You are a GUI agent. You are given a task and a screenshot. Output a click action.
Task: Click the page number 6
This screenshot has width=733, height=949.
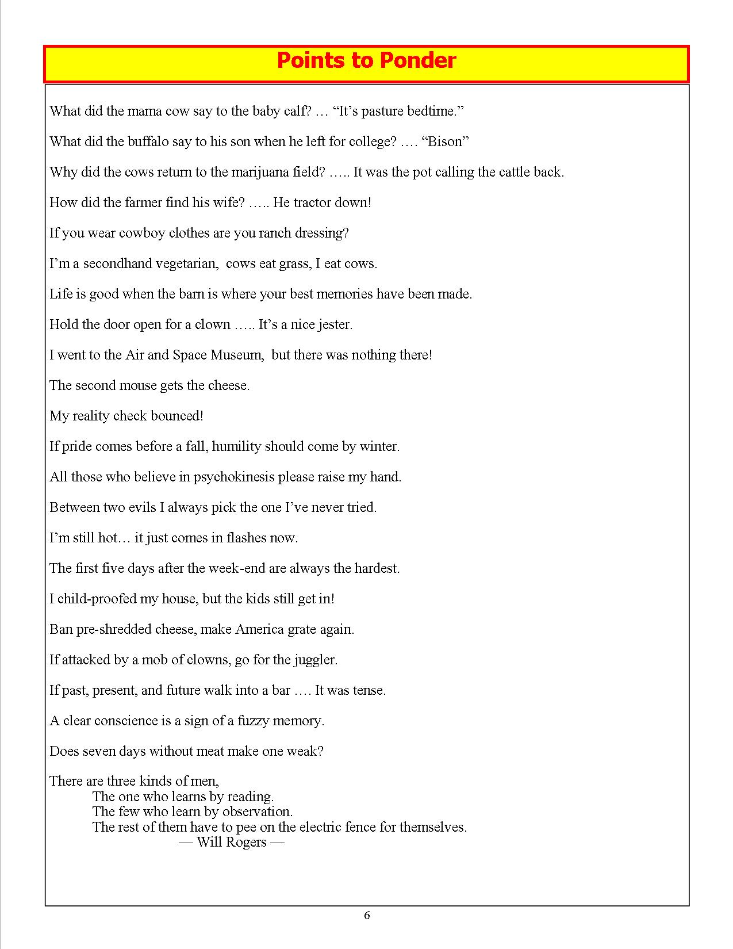click(x=367, y=915)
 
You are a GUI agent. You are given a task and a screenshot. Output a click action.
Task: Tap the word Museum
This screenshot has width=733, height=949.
click(x=236, y=355)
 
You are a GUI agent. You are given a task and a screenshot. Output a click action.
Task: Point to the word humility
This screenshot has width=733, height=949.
click(x=236, y=446)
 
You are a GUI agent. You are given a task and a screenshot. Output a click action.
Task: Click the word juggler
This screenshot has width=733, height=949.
click(x=315, y=660)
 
